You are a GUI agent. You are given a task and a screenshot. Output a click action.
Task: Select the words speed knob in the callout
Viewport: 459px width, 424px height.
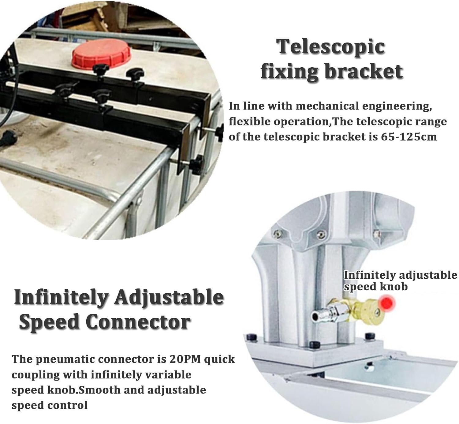pyautogui.click(x=375, y=287)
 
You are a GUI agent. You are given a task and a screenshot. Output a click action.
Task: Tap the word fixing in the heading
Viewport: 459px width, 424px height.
pyautogui.click(x=289, y=71)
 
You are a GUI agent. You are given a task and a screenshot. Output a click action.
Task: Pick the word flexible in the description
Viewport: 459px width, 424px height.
pyautogui.click(x=248, y=121)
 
